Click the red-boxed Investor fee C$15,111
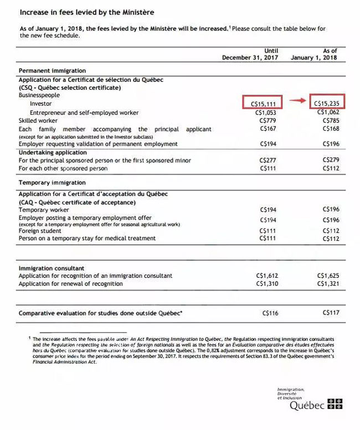click(263, 103)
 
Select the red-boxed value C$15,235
click(327, 103)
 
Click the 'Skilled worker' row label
click(38, 120)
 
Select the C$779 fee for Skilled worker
click(268, 120)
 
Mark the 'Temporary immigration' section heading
click(52, 182)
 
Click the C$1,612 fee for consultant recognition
click(267, 276)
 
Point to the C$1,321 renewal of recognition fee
click(328, 283)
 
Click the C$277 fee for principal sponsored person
click(268, 160)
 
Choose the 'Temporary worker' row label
click(44, 210)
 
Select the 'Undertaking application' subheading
click(53, 152)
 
